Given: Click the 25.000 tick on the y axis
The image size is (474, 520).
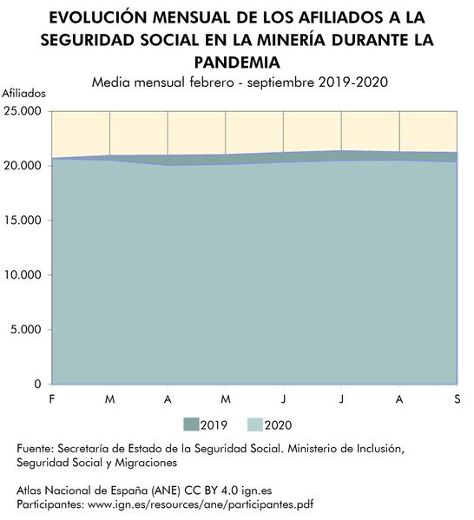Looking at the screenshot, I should point(23,111).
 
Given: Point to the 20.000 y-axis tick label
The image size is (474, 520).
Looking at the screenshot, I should point(23,165).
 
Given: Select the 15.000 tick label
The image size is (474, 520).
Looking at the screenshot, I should point(23,220).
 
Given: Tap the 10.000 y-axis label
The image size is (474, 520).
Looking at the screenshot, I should point(23,275).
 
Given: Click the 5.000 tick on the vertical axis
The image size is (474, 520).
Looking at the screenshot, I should point(27,330).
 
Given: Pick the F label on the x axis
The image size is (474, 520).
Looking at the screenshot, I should point(51,398).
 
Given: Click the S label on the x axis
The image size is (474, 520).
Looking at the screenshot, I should point(457,398).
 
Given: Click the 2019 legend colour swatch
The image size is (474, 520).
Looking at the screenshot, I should point(190,425).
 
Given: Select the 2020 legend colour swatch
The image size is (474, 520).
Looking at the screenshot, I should point(255,425).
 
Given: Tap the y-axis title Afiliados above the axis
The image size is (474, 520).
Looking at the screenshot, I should point(24,92).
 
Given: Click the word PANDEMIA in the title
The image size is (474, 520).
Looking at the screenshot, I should point(237,62).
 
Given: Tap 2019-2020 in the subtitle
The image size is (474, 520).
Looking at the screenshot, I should point(353,82).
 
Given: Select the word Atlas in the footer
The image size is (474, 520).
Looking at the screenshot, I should point(30,490).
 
